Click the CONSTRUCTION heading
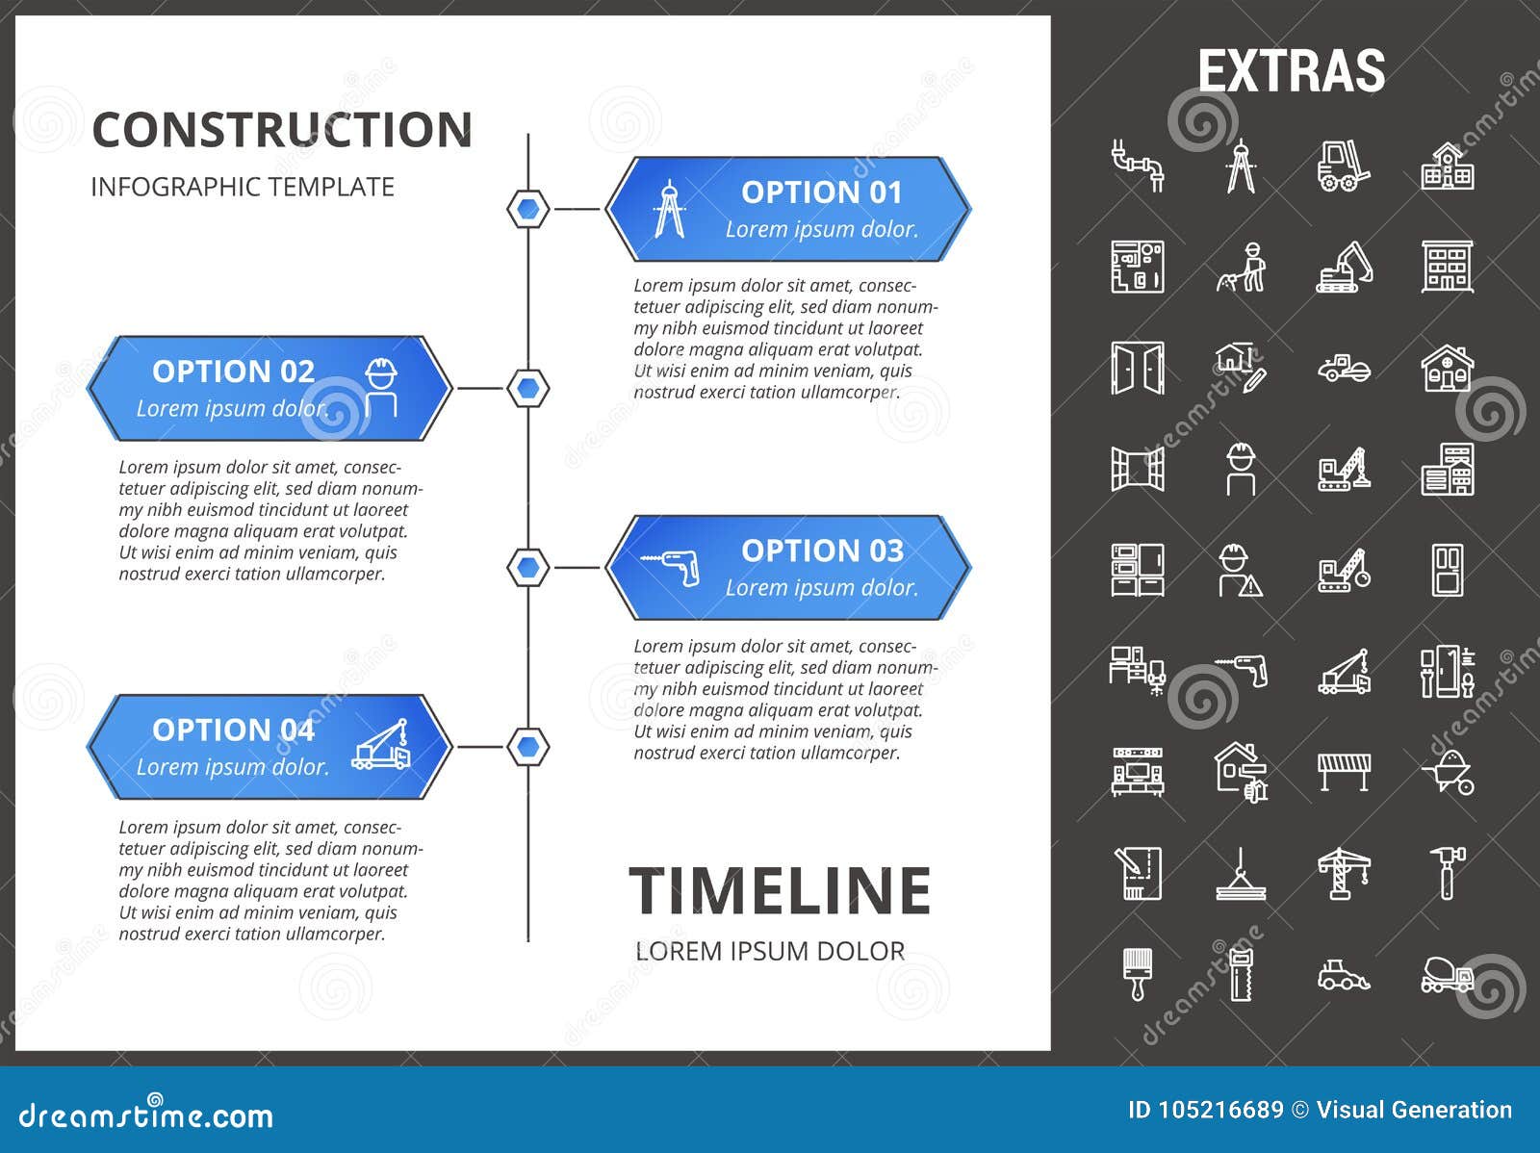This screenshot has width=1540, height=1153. (282, 130)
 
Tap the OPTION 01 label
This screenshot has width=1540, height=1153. (821, 192)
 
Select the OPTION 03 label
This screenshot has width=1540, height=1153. (822, 551)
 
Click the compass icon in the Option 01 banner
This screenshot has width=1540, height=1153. (669, 209)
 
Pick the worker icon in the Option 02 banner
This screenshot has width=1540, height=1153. (381, 387)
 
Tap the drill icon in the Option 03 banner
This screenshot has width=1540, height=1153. (671, 567)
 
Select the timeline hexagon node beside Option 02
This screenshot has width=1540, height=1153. (527, 388)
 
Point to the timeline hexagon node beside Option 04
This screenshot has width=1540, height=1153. (527, 747)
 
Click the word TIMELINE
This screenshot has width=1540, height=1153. (780, 890)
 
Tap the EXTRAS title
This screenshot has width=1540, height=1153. (1291, 71)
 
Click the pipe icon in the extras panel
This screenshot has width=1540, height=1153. (1138, 166)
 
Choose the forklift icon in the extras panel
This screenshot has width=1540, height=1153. (1343, 166)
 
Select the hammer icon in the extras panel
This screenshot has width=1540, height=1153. (1447, 872)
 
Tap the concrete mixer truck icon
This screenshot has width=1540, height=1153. (1447, 975)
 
